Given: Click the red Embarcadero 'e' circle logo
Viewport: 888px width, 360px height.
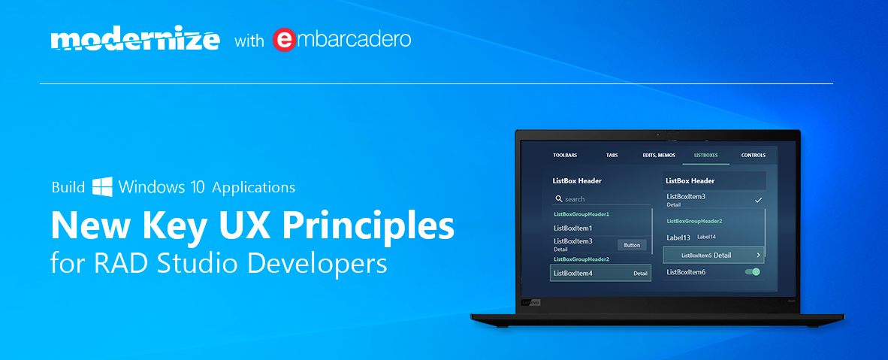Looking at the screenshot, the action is pos(284,41).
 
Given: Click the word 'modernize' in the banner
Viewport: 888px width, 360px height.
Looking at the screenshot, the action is pos(134,41).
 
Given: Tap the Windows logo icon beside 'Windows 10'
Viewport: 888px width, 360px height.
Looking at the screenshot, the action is pos(102,186).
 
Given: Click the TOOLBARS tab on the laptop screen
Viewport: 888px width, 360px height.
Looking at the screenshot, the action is pos(565,155).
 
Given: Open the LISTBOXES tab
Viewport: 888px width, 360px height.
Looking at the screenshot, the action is pos(705,155).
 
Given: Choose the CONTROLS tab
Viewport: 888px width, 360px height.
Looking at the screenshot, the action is pos(754,155).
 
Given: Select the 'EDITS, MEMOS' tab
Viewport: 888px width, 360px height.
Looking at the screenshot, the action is pos(659,155).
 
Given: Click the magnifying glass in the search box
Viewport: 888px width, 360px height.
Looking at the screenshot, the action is pos(559,199).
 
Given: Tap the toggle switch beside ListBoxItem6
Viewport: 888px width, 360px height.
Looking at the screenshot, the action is pos(753,272).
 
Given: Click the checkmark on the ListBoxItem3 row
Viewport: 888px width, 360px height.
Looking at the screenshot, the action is pos(759,200).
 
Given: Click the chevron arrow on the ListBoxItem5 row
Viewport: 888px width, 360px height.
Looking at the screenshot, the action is pos(758,255).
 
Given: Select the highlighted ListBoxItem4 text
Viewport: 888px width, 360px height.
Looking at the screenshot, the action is pos(573,274).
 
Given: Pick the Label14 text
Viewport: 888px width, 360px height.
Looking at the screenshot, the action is pos(706,237).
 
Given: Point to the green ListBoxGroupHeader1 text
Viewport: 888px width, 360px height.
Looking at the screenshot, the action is pos(581,214).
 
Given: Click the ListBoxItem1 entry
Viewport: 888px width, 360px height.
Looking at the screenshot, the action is pos(572,228).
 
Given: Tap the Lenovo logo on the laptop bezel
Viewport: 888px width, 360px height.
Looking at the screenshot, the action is pos(530,303).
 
